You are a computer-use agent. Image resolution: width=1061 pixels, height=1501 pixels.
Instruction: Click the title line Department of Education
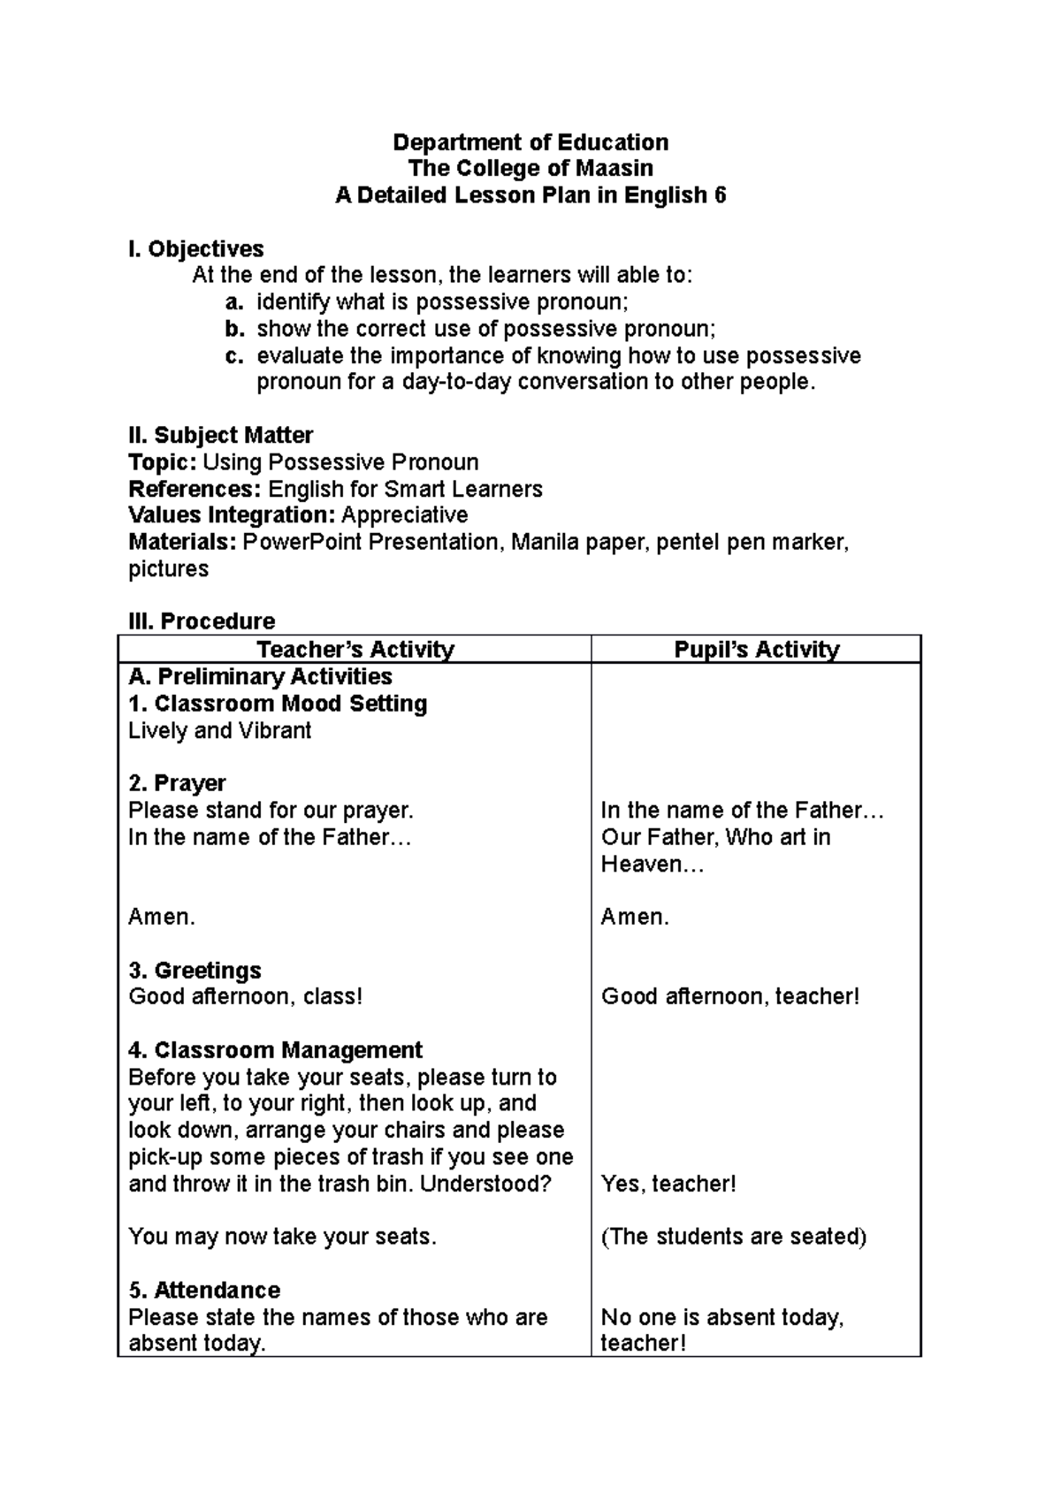pos(530,142)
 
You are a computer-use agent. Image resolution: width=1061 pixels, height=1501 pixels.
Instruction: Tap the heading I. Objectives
pos(195,249)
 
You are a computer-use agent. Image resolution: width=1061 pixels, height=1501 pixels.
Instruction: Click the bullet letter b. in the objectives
pos(233,330)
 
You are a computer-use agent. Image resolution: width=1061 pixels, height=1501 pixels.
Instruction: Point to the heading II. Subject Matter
pos(220,436)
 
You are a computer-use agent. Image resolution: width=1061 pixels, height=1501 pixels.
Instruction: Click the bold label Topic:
pos(163,462)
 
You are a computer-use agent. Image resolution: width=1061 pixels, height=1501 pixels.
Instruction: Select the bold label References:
pos(195,489)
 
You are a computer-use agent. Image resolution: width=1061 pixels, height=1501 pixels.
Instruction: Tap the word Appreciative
pos(404,515)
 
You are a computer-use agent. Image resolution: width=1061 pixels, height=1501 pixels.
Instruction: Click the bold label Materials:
pos(182,542)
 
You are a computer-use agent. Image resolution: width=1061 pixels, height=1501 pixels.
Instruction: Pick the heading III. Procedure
pos(202,621)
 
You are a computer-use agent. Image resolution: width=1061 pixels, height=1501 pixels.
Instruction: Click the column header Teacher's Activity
pos(355,650)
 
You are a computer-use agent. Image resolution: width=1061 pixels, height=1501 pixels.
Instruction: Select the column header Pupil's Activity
pos(756,650)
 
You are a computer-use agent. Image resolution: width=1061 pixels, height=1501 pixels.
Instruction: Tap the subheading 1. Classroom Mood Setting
pos(278,704)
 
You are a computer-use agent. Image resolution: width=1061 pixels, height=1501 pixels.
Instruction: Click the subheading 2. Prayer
pos(177,783)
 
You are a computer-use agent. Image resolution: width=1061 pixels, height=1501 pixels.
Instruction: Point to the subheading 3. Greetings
pos(195,971)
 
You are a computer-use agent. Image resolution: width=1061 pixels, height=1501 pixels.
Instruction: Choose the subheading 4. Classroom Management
pos(275,1050)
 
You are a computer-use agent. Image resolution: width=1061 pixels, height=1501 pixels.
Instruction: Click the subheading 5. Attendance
pos(204,1290)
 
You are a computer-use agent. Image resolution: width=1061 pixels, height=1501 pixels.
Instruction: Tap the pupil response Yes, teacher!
pos(668,1184)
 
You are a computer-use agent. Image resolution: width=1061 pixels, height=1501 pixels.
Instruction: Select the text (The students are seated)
pos(733,1237)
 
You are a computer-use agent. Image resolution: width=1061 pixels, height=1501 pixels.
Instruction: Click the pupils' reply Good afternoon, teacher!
pos(730,997)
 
